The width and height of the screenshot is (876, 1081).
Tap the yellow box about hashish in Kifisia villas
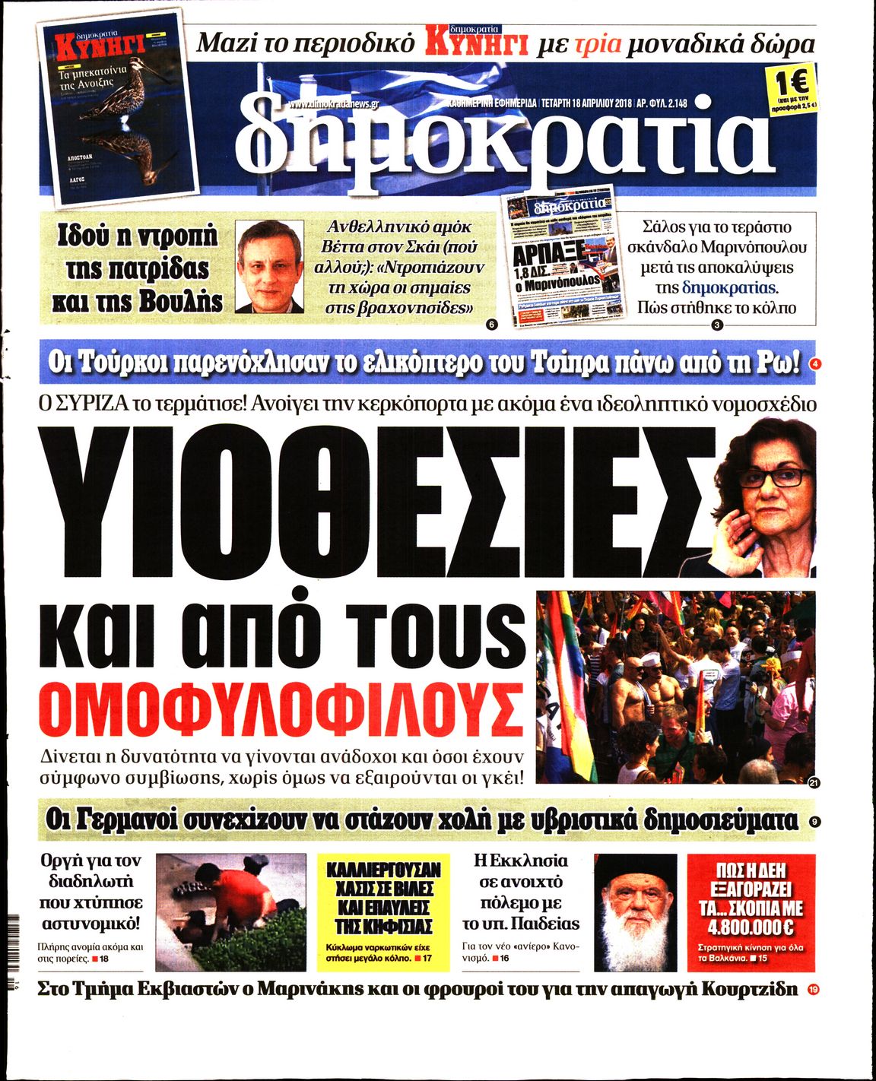[x=378, y=911]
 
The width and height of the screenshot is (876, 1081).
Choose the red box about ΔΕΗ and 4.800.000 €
[x=751, y=911]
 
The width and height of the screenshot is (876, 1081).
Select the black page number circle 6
[x=490, y=325]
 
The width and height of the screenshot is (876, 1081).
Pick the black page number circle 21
[x=814, y=784]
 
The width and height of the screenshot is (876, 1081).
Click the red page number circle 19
[x=814, y=990]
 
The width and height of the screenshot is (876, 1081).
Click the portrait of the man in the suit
[x=269, y=268]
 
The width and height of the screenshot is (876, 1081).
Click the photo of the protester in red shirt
[x=231, y=911]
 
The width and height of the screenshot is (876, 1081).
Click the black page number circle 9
[x=814, y=821]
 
